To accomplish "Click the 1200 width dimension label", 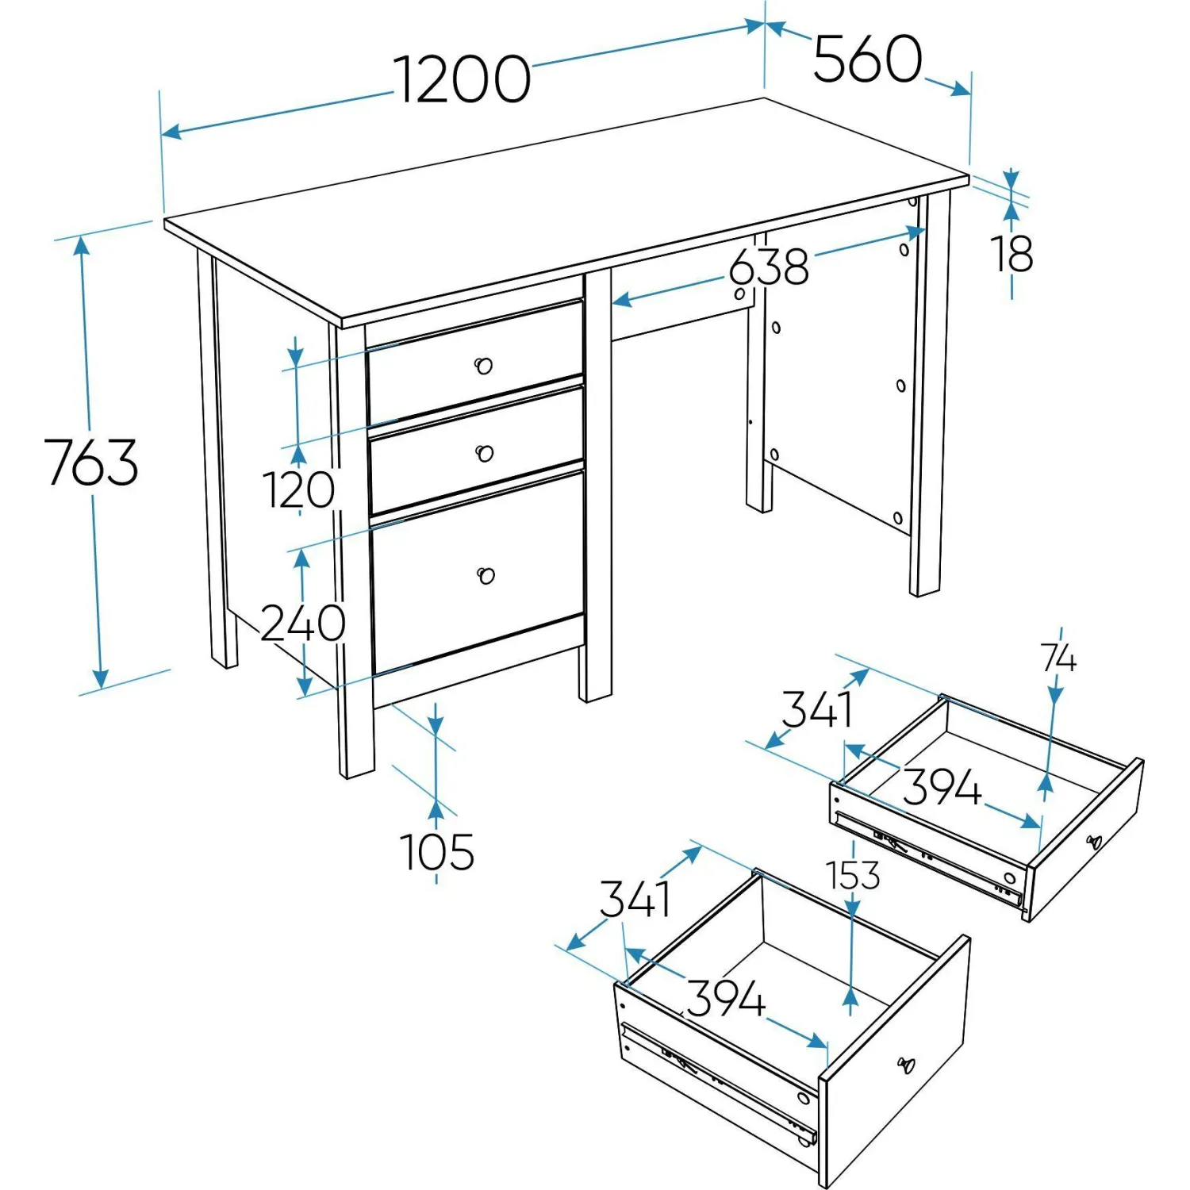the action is (x=463, y=79).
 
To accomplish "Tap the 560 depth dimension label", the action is (x=868, y=59).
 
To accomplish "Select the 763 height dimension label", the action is (x=91, y=462).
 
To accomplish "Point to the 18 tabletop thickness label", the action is (x=1011, y=254).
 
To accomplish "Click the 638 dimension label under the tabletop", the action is (x=769, y=267).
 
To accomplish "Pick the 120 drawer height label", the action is (x=298, y=489).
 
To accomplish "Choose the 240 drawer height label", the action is (x=303, y=623).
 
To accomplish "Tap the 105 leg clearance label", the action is (x=437, y=852).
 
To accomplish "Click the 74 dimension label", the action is (x=1059, y=658).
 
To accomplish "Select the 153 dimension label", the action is (x=854, y=875).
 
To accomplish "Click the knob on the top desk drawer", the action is (x=483, y=365).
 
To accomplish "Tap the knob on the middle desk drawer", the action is (x=484, y=453).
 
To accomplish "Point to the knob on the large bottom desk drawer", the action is (x=486, y=575).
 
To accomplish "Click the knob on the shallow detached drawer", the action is (x=1094, y=841).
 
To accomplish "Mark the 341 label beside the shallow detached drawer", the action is (x=817, y=708).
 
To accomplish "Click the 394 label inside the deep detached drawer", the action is (x=726, y=998).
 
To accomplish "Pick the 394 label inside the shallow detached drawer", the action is (x=942, y=787).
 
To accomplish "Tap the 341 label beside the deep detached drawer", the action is (x=635, y=899).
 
